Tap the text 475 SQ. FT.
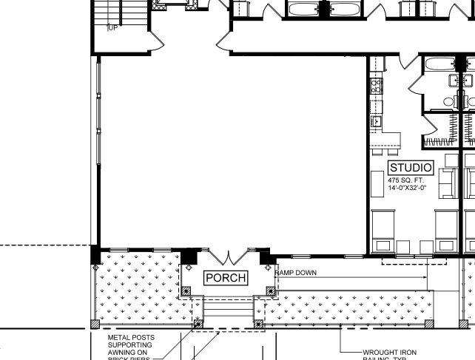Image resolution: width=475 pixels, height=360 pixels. coord(406,180)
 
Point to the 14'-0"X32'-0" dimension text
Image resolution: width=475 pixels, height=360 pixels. coord(408,188)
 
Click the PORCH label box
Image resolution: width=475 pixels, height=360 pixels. coord(226,277)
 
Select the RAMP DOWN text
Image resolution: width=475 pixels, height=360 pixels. coord(296,273)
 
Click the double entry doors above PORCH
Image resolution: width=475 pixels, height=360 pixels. coord(229,258)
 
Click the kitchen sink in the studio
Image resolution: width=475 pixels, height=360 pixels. coord(375,120)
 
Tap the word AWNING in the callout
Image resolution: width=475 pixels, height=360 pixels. coord(124,353)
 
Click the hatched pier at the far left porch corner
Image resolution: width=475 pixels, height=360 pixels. coord(94,324)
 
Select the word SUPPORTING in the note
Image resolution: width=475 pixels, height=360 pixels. coord(130,344)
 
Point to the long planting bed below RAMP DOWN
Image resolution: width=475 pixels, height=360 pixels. coord(348,308)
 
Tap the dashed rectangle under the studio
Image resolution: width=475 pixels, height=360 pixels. coord(414,262)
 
